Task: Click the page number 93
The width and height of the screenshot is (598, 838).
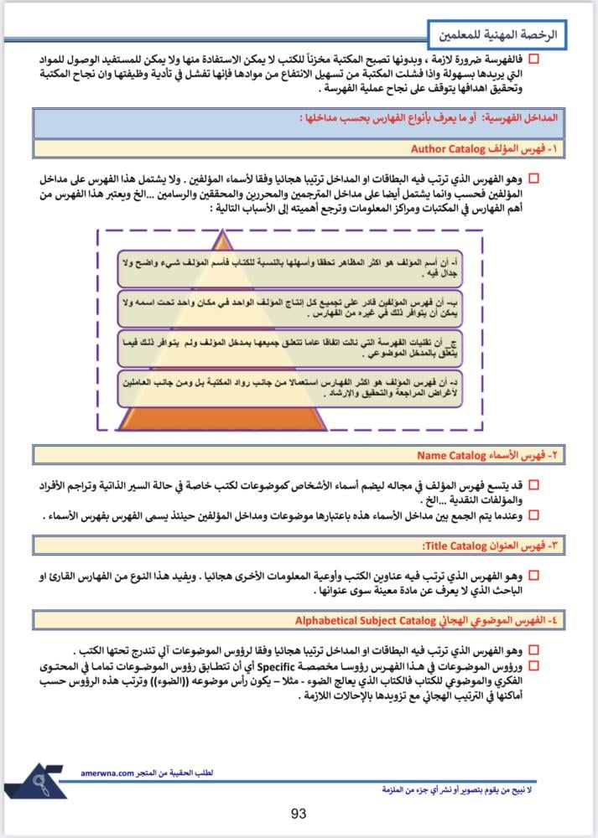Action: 299,814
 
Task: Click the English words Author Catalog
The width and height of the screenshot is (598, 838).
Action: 449,149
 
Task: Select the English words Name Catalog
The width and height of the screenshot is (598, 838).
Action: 452,456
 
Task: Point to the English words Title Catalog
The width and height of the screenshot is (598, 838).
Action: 455,546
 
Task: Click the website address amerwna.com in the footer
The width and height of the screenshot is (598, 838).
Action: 109,774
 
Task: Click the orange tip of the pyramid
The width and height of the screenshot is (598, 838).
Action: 223,241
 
